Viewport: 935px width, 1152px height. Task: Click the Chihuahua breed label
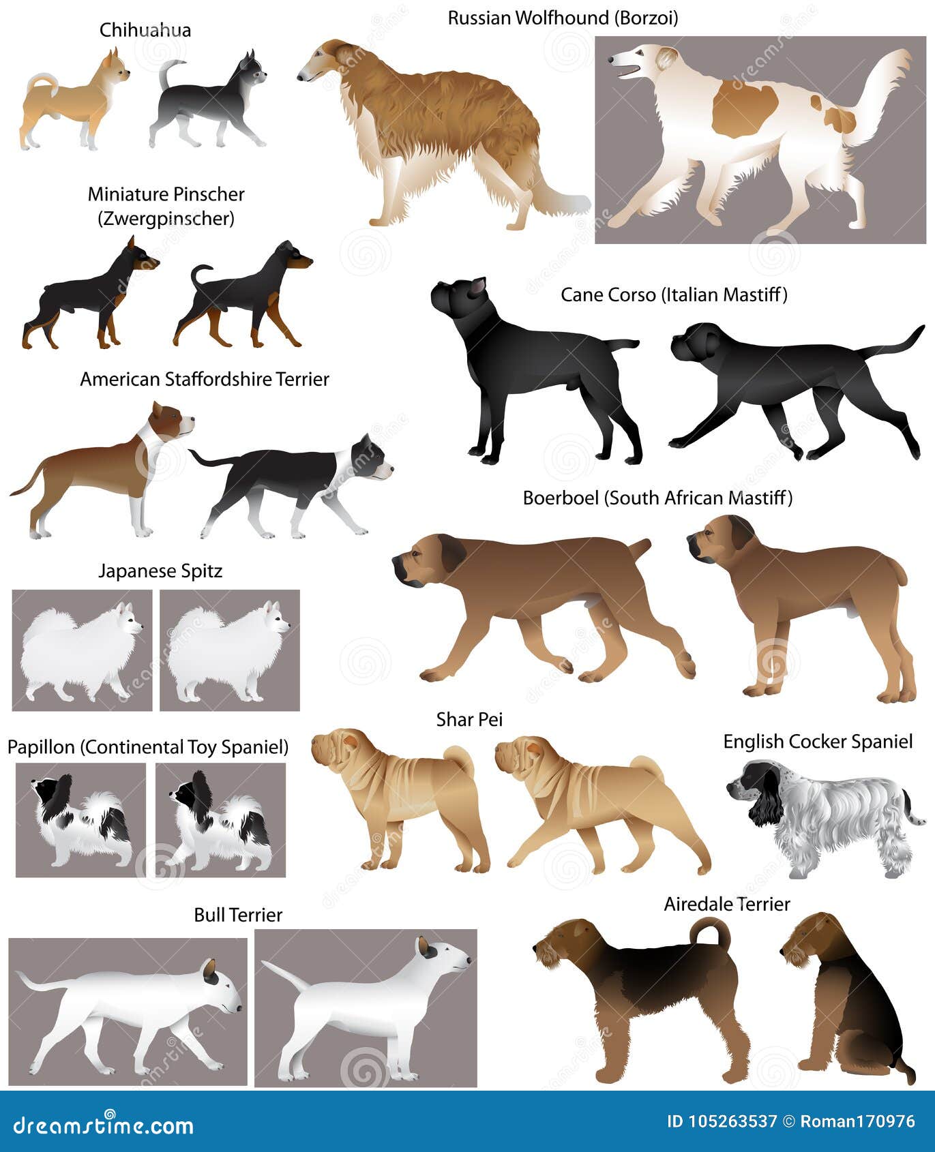(145, 30)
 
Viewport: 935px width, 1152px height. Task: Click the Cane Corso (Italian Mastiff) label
(674, 294)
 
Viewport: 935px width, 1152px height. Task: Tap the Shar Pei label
(469, 719)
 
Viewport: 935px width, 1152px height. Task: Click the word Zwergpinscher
(166, 219)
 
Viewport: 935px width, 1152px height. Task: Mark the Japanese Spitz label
(160, 571)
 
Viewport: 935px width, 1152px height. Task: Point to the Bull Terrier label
(238, 915)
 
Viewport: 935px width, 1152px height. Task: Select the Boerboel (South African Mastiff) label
(657, 498)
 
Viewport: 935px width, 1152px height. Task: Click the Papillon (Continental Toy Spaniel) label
(148, 747)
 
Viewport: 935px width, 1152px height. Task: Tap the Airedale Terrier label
(727, 904)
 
